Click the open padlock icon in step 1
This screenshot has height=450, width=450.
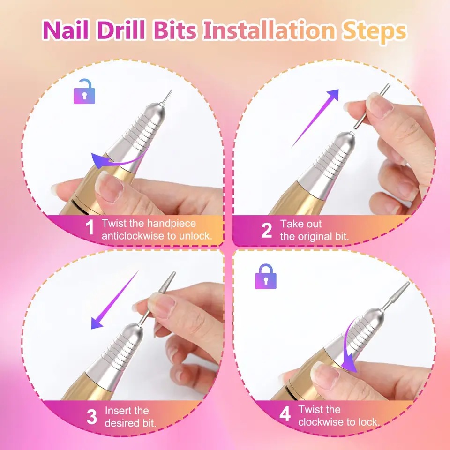pyautogui.click(x=84, y=91)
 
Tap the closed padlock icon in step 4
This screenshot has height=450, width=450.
pyautogui.click(x=266, y=277)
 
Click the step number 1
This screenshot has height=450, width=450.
pyautogui.click(x=90, y=227)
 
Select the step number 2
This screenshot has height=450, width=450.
pyautogui.click(x=267, y=230)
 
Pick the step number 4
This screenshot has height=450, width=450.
pyautogui.click(x=285, y=414)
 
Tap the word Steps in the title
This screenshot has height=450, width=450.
pyautogui.click(x=374, y=31)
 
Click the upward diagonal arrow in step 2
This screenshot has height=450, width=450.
pyautogui.click(x=315, y=118)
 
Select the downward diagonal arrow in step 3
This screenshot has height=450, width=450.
pyautogui.click(x=115, y=300)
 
